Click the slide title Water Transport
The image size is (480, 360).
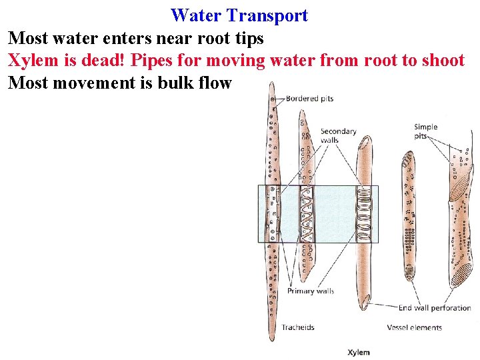point(239,15)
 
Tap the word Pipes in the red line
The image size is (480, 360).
point(155,61)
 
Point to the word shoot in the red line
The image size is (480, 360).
point(441,61)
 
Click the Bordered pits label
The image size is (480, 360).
point(309,99)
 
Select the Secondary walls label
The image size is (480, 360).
point(338,135)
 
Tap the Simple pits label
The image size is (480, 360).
point(425,131)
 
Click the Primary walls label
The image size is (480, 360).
point(310,291)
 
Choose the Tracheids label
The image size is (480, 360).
point(297,327)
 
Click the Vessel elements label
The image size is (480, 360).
point(414,327)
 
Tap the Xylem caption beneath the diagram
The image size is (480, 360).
point(359,351)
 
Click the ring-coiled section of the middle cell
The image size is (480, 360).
point(364,213)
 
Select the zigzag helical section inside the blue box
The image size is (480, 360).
point(307,213)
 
